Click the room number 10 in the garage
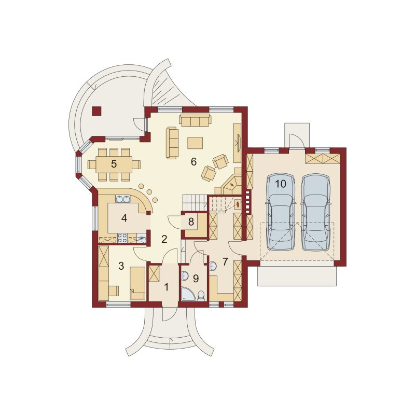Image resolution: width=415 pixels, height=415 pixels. (281, 184)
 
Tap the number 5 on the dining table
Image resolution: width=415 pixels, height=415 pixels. (114, 164)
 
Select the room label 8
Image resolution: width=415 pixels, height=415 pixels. (191, 222)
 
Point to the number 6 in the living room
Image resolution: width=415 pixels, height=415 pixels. (193, 162)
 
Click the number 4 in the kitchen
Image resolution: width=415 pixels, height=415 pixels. (124, 218)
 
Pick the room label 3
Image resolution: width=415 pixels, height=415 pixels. (121, 266)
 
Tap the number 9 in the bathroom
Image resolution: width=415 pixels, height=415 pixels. (196, 279)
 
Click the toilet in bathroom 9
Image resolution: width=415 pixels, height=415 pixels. (201, 296)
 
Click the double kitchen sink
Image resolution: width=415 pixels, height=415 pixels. (123, 199)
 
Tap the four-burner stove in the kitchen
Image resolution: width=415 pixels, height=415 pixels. (122, 238)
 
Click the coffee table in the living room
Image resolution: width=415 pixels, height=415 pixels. (195, 143)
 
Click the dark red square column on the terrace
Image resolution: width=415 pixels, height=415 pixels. (96, 111)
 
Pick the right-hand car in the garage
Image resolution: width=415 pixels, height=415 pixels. (315, 212)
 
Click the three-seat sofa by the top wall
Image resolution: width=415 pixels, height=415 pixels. (196, 120)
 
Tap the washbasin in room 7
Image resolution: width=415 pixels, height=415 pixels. (213, 266)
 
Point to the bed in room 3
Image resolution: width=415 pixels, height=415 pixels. (137, 283)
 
